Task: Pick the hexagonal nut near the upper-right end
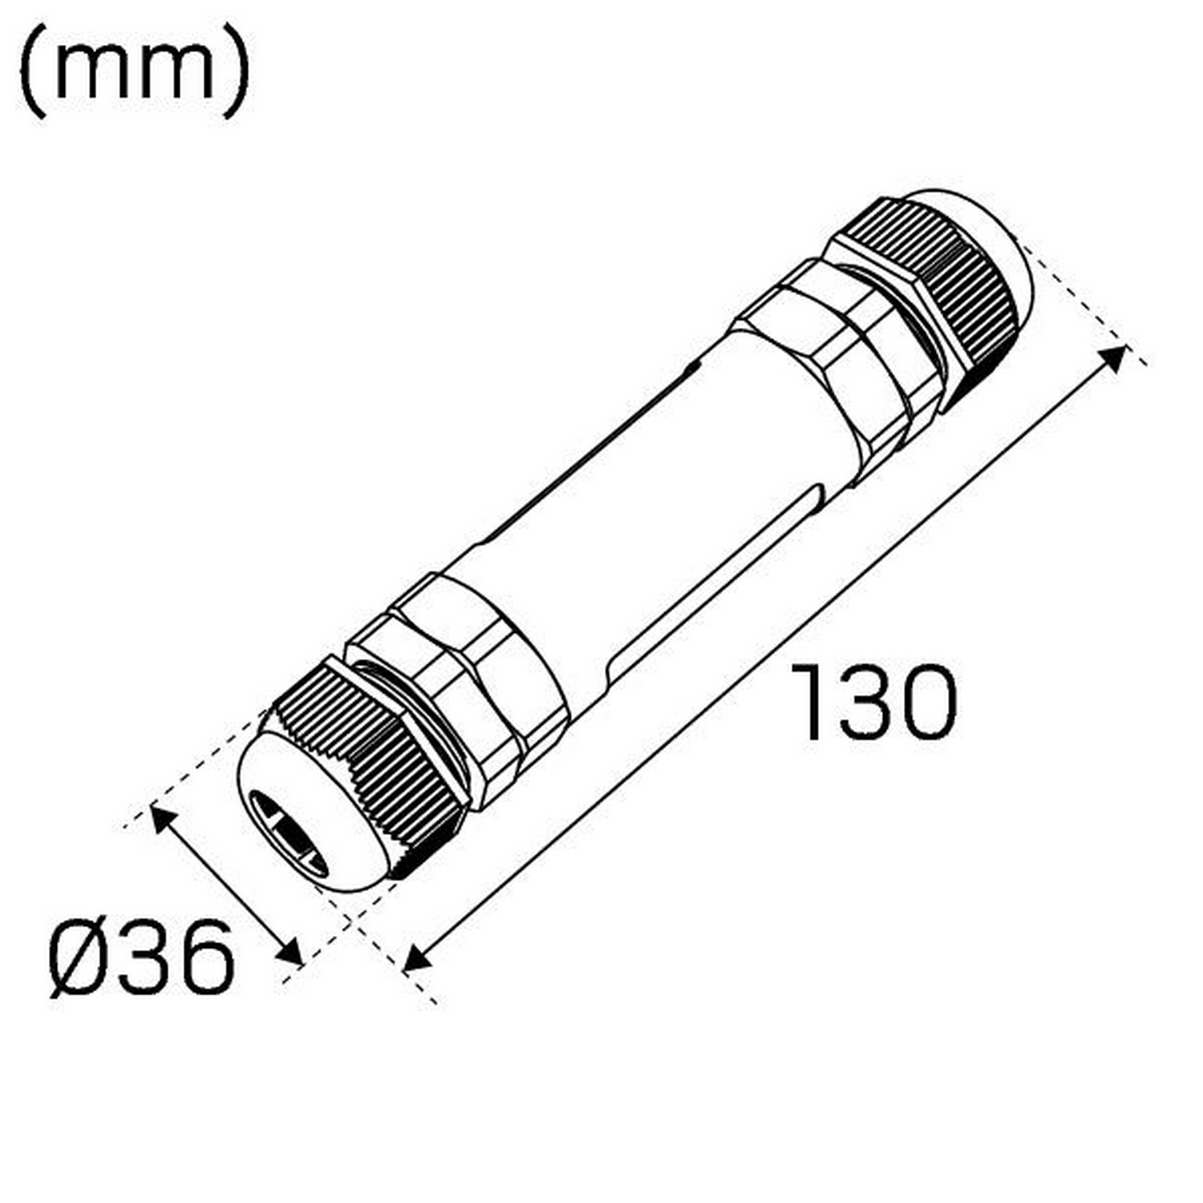click(x=842, y=353)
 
